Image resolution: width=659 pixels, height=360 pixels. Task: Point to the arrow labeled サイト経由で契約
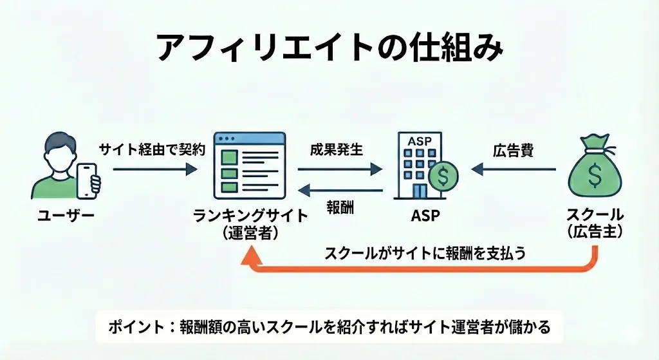[x=154, y=169]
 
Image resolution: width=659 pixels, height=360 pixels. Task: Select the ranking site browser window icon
[x=249, y=167]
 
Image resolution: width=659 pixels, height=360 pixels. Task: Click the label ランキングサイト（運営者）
[x=250, y=225]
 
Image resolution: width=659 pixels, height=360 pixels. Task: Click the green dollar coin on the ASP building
[x=443, y=175]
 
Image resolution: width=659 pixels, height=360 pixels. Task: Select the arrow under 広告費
[x=513, y=170]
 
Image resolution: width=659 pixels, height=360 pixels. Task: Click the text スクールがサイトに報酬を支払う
[x=425, y=252]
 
